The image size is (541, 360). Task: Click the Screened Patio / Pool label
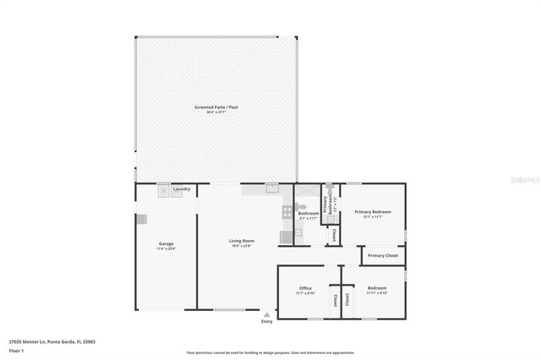pyautogui.click(x=215, y=107)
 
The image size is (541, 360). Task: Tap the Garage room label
pyautogui.click(x=165, y=244)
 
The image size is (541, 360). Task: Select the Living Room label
pyautogui.click(x=242, y=241)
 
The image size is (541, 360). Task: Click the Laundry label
pyautogui.click(x=182, y=188)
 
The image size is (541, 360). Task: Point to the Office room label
pyautogui.click(x=305, y=288)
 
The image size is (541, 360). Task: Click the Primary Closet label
pyautogui.click(x=383, y=254)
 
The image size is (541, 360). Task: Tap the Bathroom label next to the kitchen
pyautogui.click(x=308, y=213)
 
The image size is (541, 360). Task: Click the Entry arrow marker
pyautogui.click(x=267, y=314)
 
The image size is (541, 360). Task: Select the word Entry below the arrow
pyautogui.click(x=267, y=321)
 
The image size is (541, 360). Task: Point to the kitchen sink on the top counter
pyautogui.click(x=271, y=189)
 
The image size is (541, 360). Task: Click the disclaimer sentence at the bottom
pyautogui.click(x=270, y=352)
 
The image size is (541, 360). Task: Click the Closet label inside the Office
pyautogui.click(x=335, y=300)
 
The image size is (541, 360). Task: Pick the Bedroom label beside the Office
pyautogui.click(x=377, y=288)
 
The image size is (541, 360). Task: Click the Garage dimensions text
pyautogui.click(x=165, y=249)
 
